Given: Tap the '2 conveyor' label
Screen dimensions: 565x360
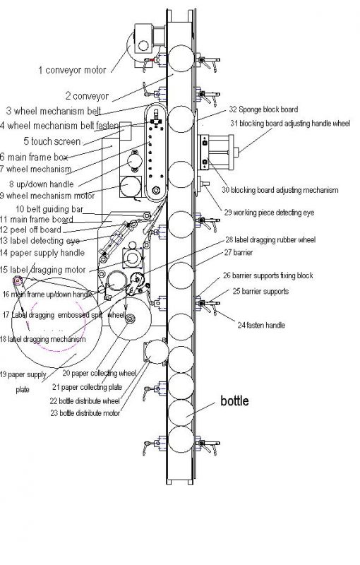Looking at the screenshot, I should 87,95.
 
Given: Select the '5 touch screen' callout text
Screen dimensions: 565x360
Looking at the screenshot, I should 52,141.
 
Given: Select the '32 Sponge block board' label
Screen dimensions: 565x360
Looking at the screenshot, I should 263,109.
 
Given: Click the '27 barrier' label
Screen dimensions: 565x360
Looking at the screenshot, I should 238,252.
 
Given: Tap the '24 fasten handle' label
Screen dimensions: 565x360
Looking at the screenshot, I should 260,326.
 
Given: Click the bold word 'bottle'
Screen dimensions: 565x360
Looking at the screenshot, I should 234,401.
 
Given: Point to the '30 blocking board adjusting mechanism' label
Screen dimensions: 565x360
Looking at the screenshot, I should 280,190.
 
